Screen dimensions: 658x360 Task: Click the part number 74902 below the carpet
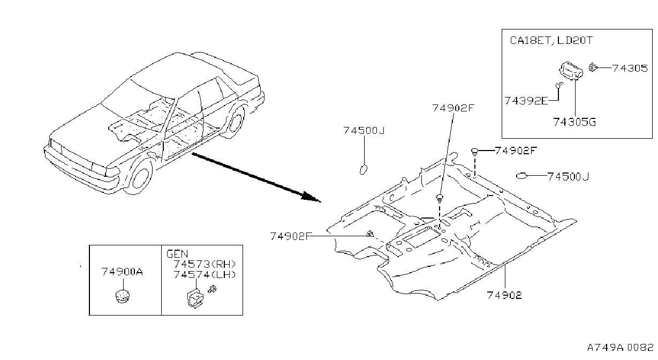pyautogui.click(x=504, y=295)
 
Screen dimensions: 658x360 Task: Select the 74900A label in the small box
pyautogui.click(x=122, y=272)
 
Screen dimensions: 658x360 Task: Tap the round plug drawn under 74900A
pyautogui.click(x=123, y=296)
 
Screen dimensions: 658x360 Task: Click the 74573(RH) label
pyautogui.click(x=205, y=264)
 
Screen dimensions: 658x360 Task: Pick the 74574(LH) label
pyautogui.click(x=205, y=274)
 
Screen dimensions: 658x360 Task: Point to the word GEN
pyautogui.click(x=177, y=253)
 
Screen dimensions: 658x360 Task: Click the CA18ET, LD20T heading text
pyautogui.click(x=551, y=40)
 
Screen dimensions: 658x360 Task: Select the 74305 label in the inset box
pyautogui.click(x=630, y=68)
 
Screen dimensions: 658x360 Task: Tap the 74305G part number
pyautogui.click(x=574, y=122)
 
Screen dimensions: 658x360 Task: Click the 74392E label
pyautogui.click(x=526, y=101)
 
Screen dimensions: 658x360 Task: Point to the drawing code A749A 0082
pyautogui.click(x=620, y=348)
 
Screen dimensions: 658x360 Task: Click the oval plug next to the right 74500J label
pyautogui.click(x=521, y=176)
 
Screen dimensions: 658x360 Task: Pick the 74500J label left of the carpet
pyautogui.click(x=364, y=130)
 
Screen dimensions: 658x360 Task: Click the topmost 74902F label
pyautogui.click(x=453, y=108)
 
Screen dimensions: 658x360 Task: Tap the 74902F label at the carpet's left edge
pyautogui.click(x=291, y=236)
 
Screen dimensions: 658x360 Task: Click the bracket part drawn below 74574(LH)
pyautogui.click(x=194, y=298)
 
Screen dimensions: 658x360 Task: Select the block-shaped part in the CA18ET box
pyautogui.click(x=571, y=71)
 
